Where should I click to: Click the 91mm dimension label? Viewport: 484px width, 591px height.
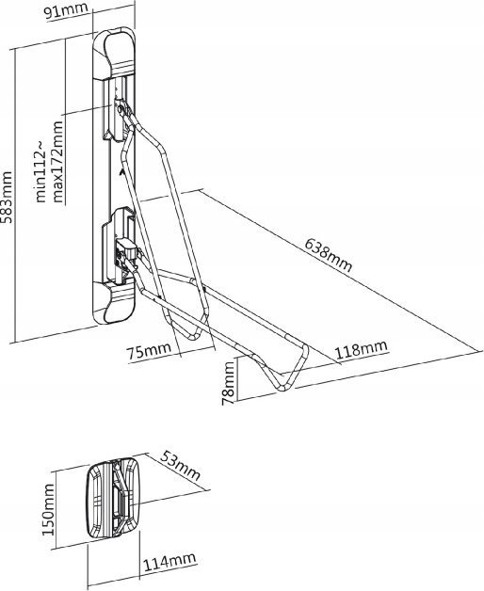pyautogui.click(x=66, y=10)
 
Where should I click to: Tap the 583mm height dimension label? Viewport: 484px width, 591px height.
pyautogui.click(x=7, y=197)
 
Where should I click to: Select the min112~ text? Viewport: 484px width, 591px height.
pyautogui.click(x=40, y=170)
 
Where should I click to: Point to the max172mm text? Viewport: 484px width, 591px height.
pyautogui.click(x=58, y=162)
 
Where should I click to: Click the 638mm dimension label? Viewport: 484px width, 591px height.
pyautogui.click(x=329, y=255)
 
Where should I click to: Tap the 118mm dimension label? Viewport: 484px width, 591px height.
pyautogui.click(x=361, y=350)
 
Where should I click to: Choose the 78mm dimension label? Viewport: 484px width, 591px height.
pyautogui.click(x=228, y=383)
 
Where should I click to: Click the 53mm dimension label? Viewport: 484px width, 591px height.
pyautogui.click(x=180, y=465)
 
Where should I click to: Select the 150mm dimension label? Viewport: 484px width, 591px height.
pyautogui.click(x=48, y=509)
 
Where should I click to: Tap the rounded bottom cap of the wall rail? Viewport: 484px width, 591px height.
pyautogui.click(x=114, y=304)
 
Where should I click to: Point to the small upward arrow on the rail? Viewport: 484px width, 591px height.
pyautogui.click(x=121, y=171)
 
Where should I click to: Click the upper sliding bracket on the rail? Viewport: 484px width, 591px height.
pyautogui.click(x=118, y=118)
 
